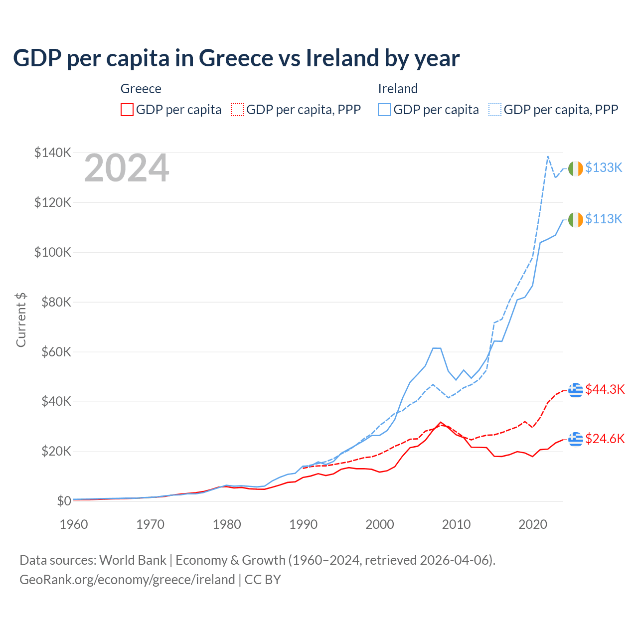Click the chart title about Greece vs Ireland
click(236, 58)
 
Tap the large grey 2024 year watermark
click(127, 168)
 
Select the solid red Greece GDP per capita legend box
click(127, 110)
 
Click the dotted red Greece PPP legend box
click(237, 110)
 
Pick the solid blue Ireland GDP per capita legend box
click(384, 110)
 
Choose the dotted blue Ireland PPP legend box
click(495, 110)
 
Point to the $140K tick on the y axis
click(53, 153)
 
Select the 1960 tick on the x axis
click(74, 524)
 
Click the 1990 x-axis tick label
click(303, 524)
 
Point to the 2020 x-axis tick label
click(533, 524)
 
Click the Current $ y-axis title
click(21, 320)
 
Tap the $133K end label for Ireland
click(604, 168)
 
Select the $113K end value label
click(604, 219)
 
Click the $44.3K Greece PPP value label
click(605, 389)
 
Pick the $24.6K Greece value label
click(605, 439)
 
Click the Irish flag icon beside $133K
click(576, 168)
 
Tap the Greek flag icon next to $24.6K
click(576, 439)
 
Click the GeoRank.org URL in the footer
click(127, 580)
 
